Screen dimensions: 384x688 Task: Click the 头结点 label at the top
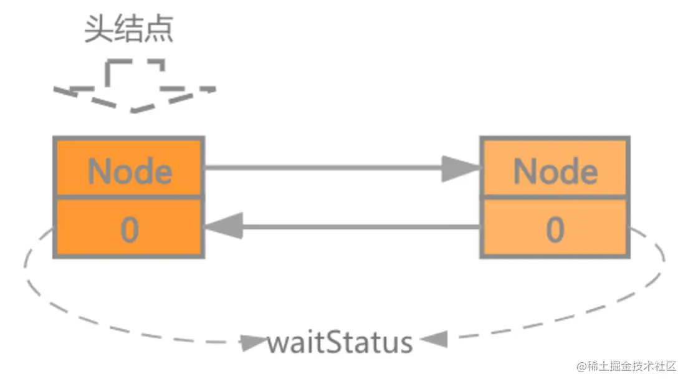(x=129, y=30)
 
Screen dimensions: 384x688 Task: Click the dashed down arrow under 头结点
(x=134, y=87)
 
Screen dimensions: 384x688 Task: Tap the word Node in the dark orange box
(x=130, y=170)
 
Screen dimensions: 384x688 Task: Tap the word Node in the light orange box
(x=555, y=170)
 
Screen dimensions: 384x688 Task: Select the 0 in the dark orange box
(x=129, y=230)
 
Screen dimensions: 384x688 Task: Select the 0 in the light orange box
(x=555, y=230)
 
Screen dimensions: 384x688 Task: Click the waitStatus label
(x=340, y=343)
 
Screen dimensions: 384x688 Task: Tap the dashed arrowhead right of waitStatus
(x=434, y=340)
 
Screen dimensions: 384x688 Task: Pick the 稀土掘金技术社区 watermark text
(x=636, y=367)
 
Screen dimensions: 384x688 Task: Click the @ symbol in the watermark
(x=582, y=367)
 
